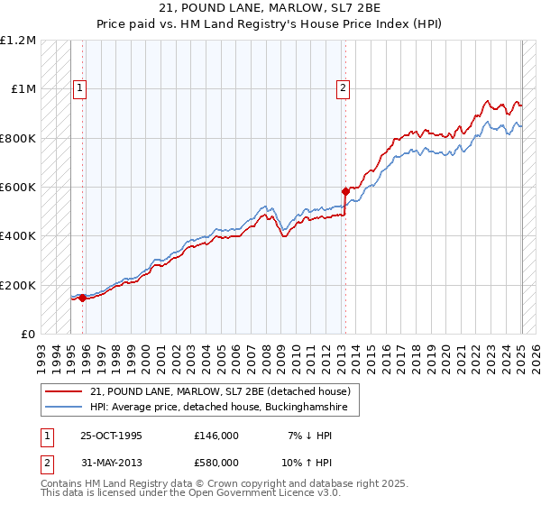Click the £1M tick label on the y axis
coord(23,89)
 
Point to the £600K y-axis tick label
coord(19,188)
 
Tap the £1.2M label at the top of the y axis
coord(19,41)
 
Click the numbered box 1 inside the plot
coord(80,87)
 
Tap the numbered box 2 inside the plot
coord(344,87)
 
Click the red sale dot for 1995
coord(82,298)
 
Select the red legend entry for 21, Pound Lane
coord(225,391)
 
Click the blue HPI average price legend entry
coord(225,409)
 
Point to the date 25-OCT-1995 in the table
coord(111,436)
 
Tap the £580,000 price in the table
coord(216,463)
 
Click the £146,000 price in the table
coord(216,436)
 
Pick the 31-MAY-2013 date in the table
coord(112,463)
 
